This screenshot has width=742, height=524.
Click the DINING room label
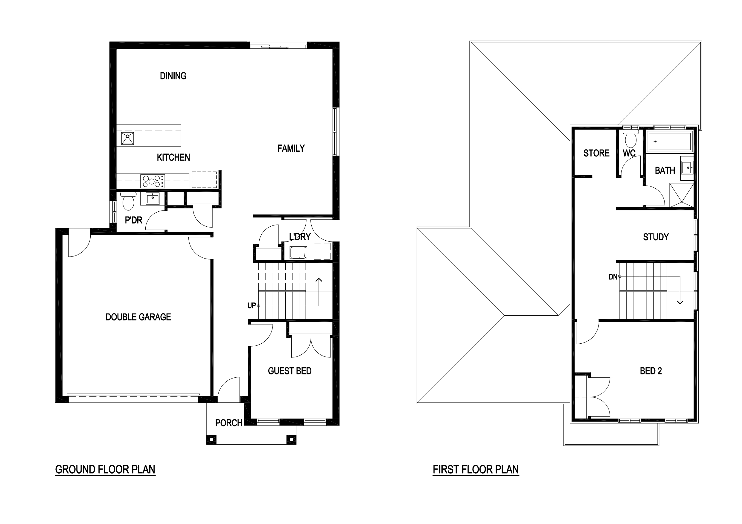173,76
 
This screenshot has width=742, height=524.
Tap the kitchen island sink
127,138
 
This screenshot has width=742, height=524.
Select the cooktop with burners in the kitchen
153,181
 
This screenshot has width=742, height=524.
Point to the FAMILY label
291,148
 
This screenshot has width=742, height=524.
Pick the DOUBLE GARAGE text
138,317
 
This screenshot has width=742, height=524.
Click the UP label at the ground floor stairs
252,305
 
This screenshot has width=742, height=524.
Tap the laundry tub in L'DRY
298,253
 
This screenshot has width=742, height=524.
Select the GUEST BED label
290,371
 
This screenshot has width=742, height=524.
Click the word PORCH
228,423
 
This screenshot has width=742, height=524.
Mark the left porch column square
211,440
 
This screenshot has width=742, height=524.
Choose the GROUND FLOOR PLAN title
105,469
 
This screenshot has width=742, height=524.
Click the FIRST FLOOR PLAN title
476,469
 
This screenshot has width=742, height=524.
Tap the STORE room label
596,153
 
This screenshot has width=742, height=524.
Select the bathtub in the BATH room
669,141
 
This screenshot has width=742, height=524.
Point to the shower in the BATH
682,195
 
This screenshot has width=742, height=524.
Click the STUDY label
656,237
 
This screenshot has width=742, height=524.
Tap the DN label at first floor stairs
613,277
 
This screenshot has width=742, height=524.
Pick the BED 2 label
650,371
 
